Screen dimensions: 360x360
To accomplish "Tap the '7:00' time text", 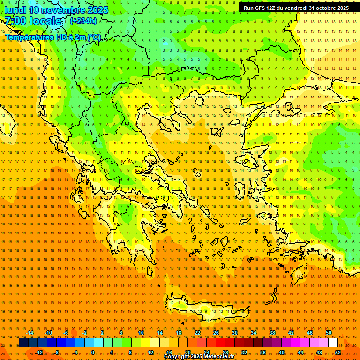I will [x=15, y=21].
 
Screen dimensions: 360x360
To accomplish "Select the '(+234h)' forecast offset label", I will [x=83, y=21].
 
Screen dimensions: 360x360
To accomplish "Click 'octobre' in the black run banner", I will [x=322, y=8].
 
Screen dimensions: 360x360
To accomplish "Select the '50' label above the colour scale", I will [x=329, y=333].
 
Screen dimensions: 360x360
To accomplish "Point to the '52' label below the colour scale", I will [x=338, y=352].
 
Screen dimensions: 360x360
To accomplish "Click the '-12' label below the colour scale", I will [x=39, y=352].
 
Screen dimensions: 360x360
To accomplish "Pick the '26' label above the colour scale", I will [x=216, y=333].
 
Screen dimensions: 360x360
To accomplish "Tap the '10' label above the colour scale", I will [x=141, y=333].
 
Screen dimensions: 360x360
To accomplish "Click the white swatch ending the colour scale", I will [x=333, y=343].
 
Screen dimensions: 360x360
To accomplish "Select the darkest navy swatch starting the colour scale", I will [x=23, y=343].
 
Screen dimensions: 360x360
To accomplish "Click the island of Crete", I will [x=206, y=309].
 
